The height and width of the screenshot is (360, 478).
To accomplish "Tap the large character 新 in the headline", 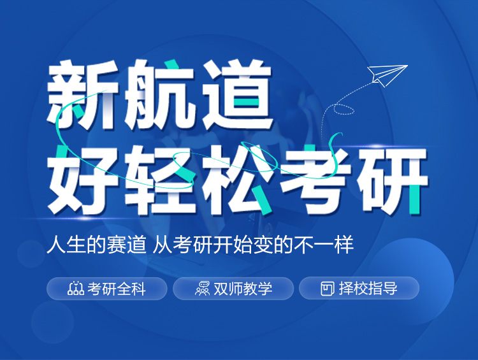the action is click(82, 94).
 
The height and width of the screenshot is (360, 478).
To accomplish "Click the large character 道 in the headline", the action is click(237, 94).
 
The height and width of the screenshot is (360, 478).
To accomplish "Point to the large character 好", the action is click(82, 180).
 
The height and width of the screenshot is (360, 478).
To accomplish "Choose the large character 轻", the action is click(160, 180).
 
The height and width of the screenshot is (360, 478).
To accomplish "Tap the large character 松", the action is click(238, 180).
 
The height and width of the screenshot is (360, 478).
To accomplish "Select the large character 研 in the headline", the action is click(393, 180).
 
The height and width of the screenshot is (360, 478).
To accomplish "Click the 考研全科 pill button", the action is click(106, 289).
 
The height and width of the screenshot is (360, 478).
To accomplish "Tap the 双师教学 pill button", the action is click(233, 289).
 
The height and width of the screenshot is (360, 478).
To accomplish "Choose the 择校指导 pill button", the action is click(359, 289).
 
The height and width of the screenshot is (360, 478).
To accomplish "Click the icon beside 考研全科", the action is click(76, 289).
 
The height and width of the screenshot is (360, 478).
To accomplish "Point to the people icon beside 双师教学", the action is click(203, 289).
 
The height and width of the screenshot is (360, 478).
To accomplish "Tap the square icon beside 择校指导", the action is click(328, 289).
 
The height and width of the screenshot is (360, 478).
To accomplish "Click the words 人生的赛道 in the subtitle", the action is click(96, 244).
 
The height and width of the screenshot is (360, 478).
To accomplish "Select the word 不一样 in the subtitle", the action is click(324, 244).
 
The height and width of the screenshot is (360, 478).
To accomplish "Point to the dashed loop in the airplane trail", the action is click(344, 109).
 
